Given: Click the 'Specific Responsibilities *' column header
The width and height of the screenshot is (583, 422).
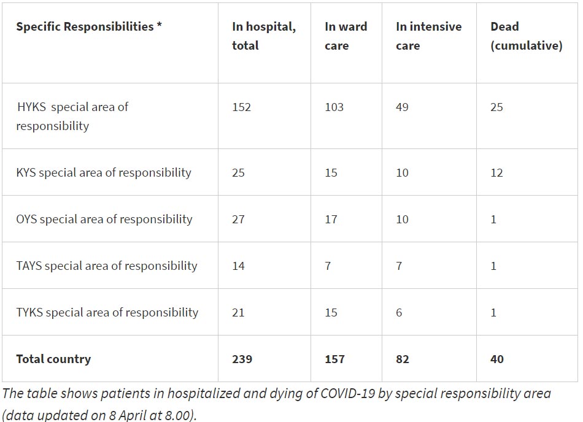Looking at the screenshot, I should point(89,26).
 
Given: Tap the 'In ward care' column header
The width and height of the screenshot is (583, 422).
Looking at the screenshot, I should point(346,36).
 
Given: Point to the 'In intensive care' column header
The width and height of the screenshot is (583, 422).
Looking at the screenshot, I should point(428,36).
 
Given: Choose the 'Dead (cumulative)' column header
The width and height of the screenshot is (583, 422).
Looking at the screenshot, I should point(526,36).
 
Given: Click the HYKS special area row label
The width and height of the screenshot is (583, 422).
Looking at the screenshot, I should point(72,116).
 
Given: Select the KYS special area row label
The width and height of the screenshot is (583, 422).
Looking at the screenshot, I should point(104,172).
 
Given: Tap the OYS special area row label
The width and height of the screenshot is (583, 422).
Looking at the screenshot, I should point(104,219).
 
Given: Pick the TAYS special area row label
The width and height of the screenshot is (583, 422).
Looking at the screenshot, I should point(107,266).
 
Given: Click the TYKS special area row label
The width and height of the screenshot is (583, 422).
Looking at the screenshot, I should point(107,312).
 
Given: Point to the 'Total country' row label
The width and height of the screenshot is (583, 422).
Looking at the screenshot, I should point(53,359).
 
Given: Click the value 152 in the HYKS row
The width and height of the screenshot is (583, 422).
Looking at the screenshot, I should point(242,107).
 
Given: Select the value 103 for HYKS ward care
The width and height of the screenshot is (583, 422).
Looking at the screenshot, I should point(334,107).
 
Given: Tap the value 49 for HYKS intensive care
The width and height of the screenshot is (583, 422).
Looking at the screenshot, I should point(403,107).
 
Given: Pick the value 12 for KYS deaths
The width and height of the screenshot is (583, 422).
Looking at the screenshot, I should point(496,172).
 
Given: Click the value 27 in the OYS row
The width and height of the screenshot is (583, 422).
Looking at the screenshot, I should point(238,219).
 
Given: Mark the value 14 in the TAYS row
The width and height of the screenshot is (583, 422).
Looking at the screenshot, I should point(238,266).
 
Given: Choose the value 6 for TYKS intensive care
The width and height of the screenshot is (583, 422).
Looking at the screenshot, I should point(399,312).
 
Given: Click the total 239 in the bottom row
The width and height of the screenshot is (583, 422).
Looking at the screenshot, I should point(242,359).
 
